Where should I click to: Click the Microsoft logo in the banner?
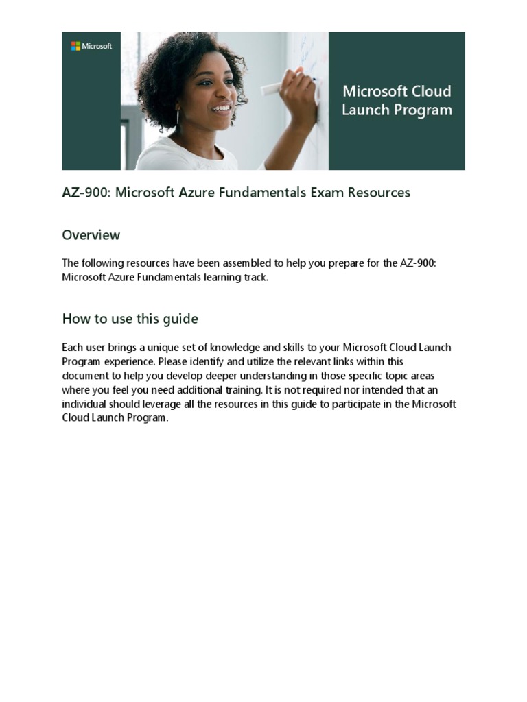pyautogui.click(x=91, y=46)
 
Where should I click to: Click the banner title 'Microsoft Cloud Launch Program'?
pyautogui.click(x=397, y=101)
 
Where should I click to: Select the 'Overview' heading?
pyautogui.click(x=91, y=235)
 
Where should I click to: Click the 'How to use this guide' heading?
pyautogui.click(x=130, y=319)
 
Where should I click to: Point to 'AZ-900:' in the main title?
pyautogui.click(x=86, y=193)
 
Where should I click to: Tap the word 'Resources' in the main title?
pyautogui.click(x=379, y=193)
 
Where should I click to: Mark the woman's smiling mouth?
pyautogui.click(x=221, y=108)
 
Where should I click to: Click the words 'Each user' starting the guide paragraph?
pyautogui.click(x=83, y=348)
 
